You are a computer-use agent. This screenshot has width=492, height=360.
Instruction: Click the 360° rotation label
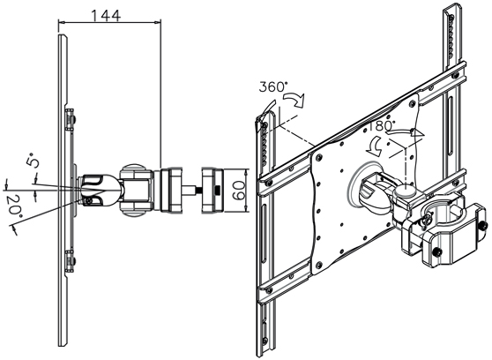[272, 87]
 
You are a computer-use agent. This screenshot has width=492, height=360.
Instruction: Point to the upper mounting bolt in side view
[71, 117]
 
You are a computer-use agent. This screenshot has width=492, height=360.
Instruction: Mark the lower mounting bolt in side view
[71, 258]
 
